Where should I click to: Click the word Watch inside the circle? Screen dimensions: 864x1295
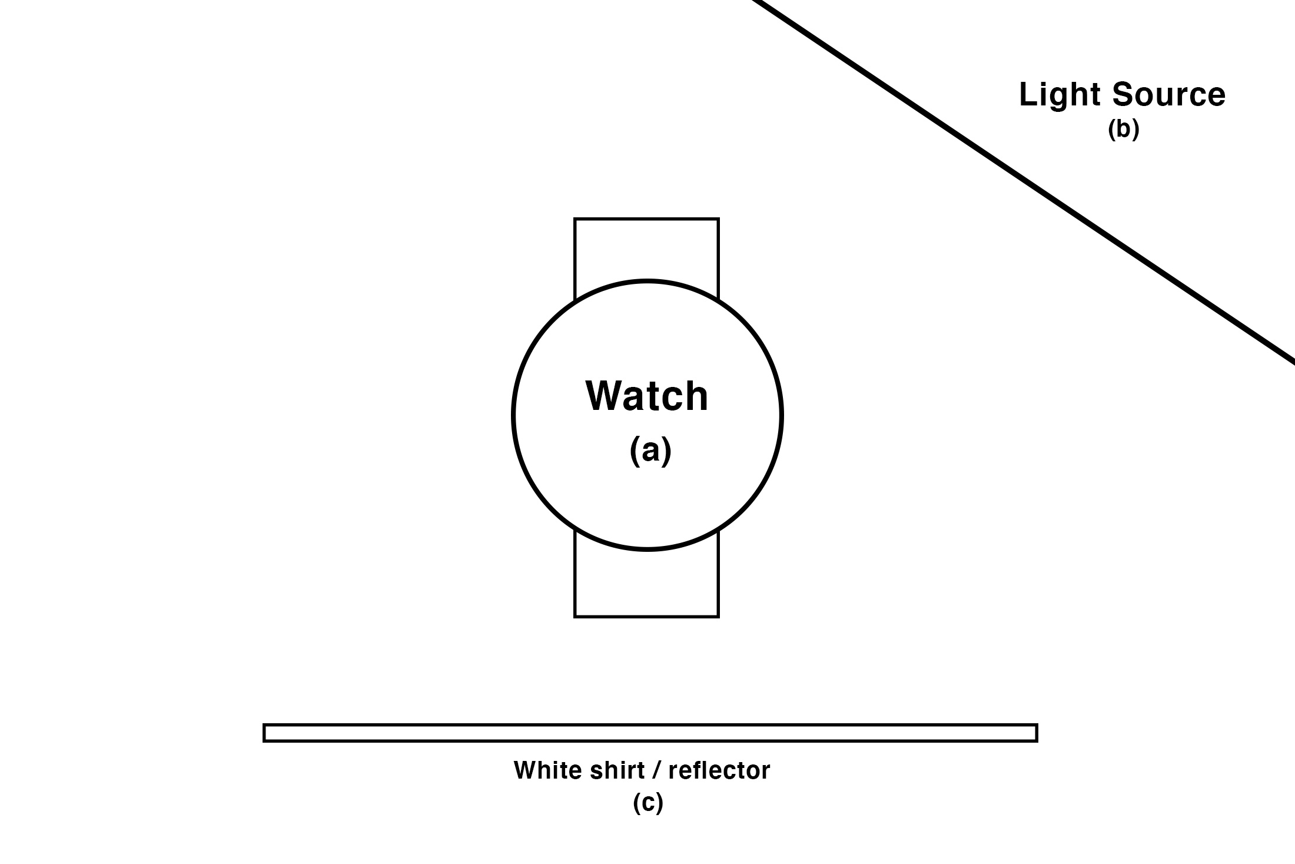tap(646, 396)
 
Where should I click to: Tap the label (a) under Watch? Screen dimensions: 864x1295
tap(650, 452)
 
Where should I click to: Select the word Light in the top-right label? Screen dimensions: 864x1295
tap(1057, 95)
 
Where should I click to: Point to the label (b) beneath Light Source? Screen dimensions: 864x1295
tap(1123, 130)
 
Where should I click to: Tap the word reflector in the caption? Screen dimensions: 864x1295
tap(719, 770)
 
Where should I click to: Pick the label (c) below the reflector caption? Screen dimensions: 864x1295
tap(647, 803)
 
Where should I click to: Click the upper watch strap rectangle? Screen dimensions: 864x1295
tap(646, 250)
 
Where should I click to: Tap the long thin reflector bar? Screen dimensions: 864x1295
tap(650, 733)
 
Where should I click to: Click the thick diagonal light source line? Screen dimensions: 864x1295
tap(1024, 183)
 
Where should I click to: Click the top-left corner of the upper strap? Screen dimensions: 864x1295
tap(575, 219)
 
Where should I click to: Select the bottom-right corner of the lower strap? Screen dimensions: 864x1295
tap(718, 616)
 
